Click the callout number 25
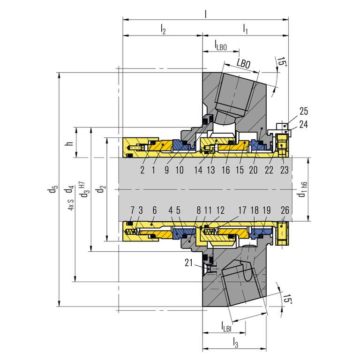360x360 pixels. pyautogui.click(x=304, y=111)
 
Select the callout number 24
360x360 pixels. pyautogui.click(x=304, y=124)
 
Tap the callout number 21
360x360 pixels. pyautogui.click(x=188, y=263)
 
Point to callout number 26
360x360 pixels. pyautogui.click(x=285, y=210)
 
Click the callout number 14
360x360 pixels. pyautogui.click(x=198, y=170)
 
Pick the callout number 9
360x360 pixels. pyautogui.click(x=167, y=170)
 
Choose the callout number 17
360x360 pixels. pyautogui.click(x=242, y=210)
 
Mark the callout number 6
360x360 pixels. pyautogui.click(x=155, y=210)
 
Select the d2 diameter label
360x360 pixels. pyautogui.click(x=101, y=189)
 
